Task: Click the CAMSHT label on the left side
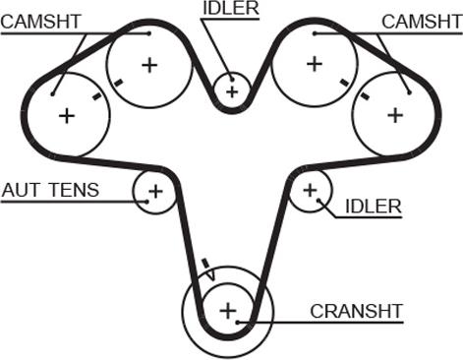(x=40, y=22)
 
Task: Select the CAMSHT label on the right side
(x=422, y=22)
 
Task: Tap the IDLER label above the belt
(x=231, y=8)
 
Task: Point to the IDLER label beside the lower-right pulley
(x=374, y=207)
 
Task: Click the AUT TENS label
(x=50, y=190)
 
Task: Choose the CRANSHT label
(x=356, y=311)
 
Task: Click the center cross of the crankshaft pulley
(x=228, y=310)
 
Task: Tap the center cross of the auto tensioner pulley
(x=155, y=191)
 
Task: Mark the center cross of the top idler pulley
(x=232, y=91)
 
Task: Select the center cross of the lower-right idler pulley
(x=310, y=190)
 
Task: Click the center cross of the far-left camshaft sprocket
(x=67, y=116)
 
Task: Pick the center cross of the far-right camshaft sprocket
(x=395, y=115)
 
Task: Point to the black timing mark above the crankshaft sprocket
(x=205, y=263)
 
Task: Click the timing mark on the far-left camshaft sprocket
(x=97, y=95)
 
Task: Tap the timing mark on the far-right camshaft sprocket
(x=365, y=95)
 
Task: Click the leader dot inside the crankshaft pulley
(x=238, y=323)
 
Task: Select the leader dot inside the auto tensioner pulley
(x=147, y=202)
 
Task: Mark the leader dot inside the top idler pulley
(x=232, y=79)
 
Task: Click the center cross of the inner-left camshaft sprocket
(x=149, y=65)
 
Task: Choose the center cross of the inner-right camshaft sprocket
(x=315, y=64)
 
